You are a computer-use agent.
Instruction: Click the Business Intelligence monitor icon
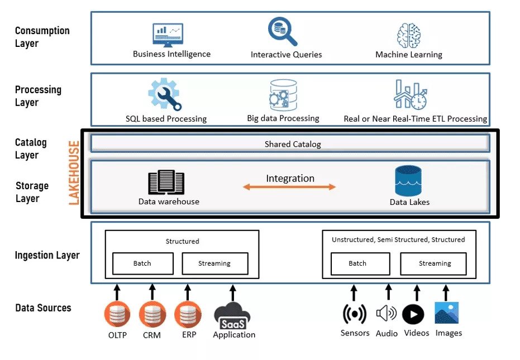tap(168, 35)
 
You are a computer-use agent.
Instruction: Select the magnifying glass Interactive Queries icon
tap(282, 32)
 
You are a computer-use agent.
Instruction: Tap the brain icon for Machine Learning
tap(408, 35)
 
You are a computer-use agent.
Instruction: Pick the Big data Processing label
tap(283, 118)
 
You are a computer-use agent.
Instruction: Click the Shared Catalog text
tap(293, 144)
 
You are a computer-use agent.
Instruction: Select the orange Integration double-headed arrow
tap(289, 187)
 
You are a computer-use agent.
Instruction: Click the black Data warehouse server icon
tap(166, 183)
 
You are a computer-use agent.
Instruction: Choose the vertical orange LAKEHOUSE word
tap(74, 173)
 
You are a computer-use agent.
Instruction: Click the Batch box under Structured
tap(142, 263)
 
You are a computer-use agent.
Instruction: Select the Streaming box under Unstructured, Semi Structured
tap(435, 263)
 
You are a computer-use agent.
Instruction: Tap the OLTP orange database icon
tap(117, 315)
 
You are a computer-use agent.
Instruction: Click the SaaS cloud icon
tap(233, 316)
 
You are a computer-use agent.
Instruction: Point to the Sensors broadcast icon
tap(354, 314)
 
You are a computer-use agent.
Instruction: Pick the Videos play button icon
tap(413, 314)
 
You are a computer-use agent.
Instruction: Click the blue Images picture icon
tap(446, 313)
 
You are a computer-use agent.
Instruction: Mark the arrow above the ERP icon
tap(188, 291)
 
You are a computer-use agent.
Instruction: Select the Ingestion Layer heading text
tap(47, 256)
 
